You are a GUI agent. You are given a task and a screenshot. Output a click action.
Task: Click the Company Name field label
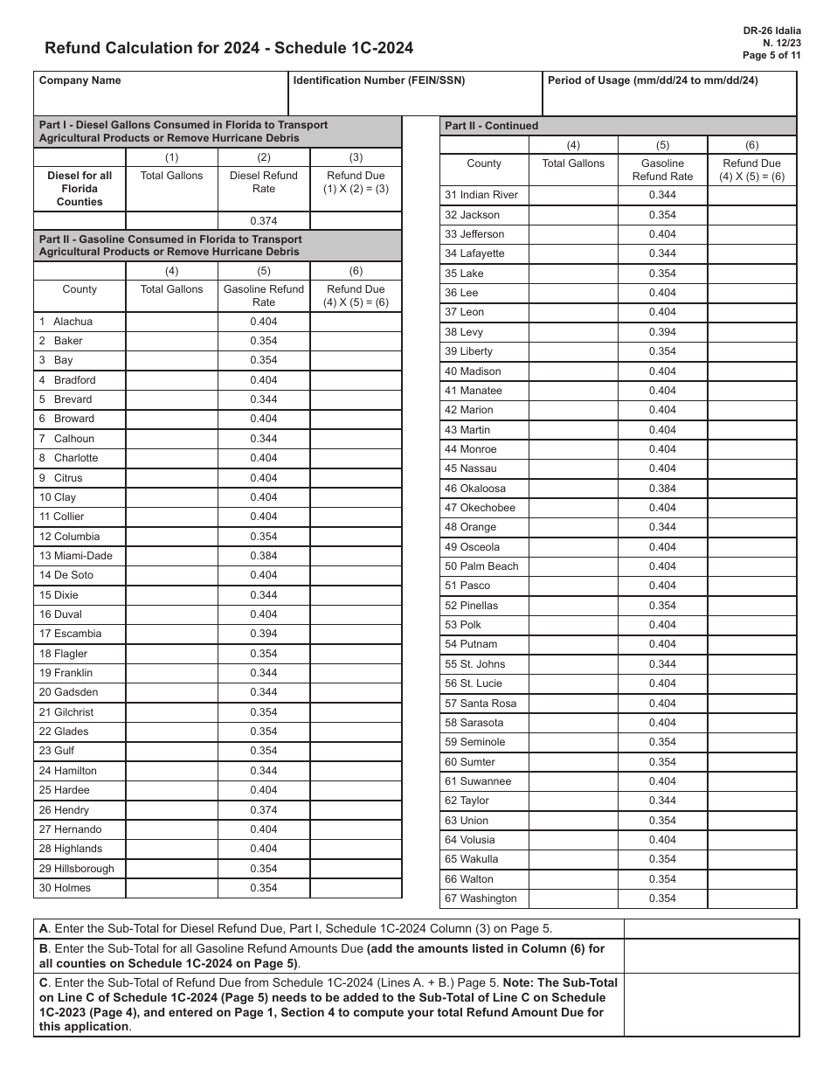80,80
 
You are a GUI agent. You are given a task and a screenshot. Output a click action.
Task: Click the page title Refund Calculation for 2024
229,48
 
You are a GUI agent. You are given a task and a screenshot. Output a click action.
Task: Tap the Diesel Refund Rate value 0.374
264,221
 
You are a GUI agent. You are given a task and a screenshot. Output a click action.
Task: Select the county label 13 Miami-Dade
76,556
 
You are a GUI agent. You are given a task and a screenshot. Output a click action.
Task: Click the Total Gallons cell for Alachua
171,322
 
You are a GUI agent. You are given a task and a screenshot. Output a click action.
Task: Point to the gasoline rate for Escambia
264,634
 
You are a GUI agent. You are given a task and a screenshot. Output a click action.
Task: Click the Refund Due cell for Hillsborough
356,869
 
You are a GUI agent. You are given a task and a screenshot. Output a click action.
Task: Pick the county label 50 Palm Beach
481,566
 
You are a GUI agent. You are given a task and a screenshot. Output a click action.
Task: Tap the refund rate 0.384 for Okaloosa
662,489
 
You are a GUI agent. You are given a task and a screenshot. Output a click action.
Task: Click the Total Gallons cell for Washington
572,898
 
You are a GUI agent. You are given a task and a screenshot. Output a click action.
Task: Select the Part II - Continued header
492,126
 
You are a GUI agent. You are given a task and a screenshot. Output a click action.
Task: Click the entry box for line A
711,929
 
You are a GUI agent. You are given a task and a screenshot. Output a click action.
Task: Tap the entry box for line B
711,956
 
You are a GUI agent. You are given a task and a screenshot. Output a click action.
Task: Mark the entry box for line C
711,1005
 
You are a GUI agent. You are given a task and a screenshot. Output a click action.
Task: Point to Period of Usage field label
653,80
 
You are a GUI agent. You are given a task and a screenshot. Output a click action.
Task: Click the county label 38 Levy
464,332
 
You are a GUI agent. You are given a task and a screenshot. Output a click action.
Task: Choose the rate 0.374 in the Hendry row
264,810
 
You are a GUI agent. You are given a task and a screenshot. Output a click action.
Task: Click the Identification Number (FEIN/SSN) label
379,80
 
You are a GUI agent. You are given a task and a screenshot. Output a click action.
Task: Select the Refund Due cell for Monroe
751,449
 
